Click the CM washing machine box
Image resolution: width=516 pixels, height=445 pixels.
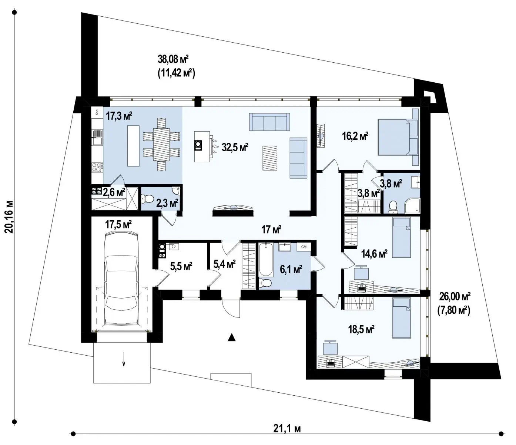coord(304,247)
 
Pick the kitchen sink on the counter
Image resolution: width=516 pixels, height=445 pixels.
coord(97,137)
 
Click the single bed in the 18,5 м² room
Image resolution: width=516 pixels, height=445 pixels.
coord(401,318)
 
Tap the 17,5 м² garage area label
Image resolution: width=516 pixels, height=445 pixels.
coord(118,224)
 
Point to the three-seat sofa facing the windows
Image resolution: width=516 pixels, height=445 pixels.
coord(269,122)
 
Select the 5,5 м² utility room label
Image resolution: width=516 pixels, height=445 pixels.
coord(181,266)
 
